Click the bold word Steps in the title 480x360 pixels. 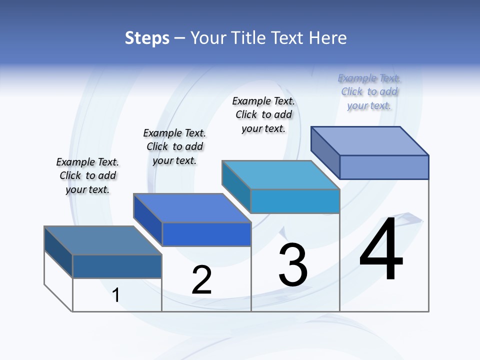click(147, 38)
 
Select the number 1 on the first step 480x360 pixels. click(116, 295)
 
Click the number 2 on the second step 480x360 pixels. click(202, 280)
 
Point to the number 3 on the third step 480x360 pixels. click(293, 265)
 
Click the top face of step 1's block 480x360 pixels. click(102, 240)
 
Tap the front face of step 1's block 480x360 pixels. click(117, 266)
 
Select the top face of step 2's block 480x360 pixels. click(192, 208)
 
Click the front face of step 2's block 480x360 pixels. click(206, 234)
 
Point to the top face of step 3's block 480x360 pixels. click(280, 175)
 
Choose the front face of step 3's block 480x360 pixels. click(295, 201)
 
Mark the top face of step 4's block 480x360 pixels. click(369, 140)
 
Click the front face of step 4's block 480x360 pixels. click(384, 167)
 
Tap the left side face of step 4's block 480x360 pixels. click(325, 152)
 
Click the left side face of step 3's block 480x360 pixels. click(236, 186)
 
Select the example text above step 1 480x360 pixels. click(87, 175)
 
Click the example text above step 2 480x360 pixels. click(174, 146)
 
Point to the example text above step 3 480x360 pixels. click(263, 114)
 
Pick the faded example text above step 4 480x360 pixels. click(369, 92)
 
